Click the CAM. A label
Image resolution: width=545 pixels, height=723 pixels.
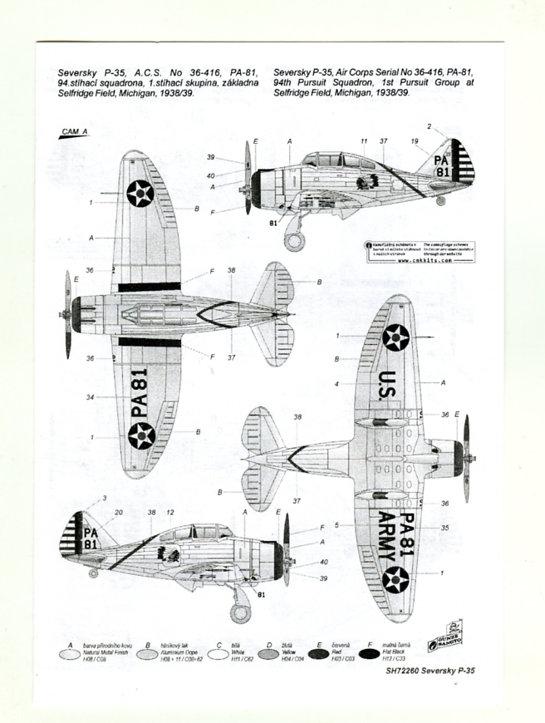(x=73, y=131)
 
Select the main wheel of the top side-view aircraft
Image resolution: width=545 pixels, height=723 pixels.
(x=294, y=242)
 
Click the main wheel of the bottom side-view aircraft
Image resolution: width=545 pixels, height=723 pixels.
(x=240, y=612)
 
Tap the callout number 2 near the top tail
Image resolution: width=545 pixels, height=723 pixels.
(x=429, y=126)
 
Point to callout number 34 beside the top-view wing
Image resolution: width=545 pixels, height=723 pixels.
(x=89, y=397)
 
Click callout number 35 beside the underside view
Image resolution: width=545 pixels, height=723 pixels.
(x=444, y=527)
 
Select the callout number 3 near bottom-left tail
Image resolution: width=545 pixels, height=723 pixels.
(x=105, y=498)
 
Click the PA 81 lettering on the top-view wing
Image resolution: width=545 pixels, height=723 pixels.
(x=139, y=393)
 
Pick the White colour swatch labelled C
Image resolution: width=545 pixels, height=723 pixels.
(x=218, y=655)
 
